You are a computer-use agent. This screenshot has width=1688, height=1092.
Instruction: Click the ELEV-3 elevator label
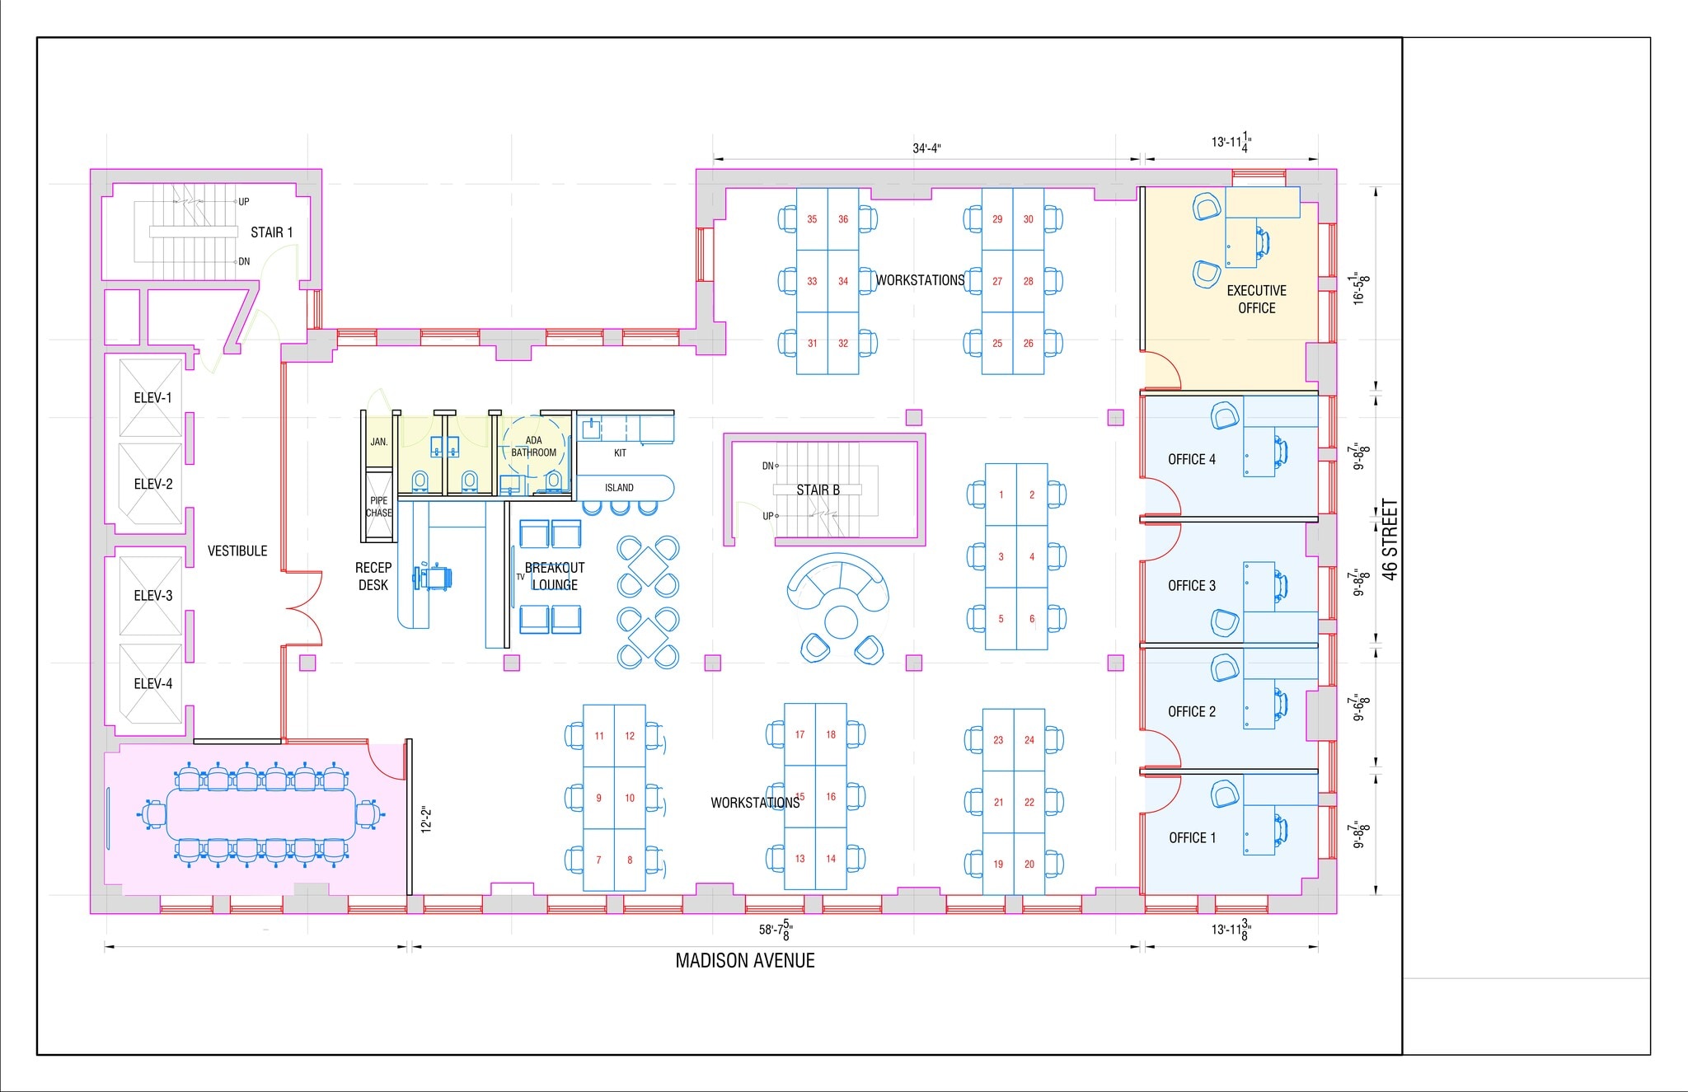click(x=153, y=595)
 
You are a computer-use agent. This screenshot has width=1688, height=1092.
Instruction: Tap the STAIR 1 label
click(x=271, y=232)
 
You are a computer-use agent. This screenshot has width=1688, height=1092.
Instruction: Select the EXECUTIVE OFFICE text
click(x=1256, y=299)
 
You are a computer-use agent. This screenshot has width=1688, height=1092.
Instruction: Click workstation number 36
click(x=843, y=219)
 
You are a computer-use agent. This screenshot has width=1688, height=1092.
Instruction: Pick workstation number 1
click(x=1001, y=495)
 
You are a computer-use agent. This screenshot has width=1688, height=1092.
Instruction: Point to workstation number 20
click(x=1029, y=865)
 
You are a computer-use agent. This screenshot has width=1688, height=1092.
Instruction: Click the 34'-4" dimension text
click(x=926, y=148)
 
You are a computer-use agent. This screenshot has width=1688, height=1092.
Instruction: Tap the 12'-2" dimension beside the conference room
click(x=426, y=819)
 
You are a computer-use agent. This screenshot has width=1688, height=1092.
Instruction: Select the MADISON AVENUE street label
click(x=745, y=961)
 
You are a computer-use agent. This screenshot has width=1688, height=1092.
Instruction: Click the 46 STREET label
click(x=1390, y=540)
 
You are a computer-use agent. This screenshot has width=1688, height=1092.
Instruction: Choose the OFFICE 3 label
click(x=1191, y=586)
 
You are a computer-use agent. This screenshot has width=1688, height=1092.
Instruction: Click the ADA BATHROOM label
click(x=533, y=447)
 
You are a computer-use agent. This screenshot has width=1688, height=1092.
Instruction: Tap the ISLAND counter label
click(x=619, y=488)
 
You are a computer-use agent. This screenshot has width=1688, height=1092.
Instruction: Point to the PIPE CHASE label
click(x=378, y=507)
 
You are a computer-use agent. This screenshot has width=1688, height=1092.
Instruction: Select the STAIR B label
click(x=818, y=490)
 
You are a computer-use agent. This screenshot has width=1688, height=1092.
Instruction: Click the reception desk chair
click(x=436, y=576)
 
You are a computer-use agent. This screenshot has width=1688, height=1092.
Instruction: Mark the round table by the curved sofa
click(x=841, y=621)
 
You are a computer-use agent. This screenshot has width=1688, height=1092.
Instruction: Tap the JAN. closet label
click(x=378, y=442)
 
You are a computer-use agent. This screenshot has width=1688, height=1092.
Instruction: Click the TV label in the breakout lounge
click(x=520, y=577)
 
